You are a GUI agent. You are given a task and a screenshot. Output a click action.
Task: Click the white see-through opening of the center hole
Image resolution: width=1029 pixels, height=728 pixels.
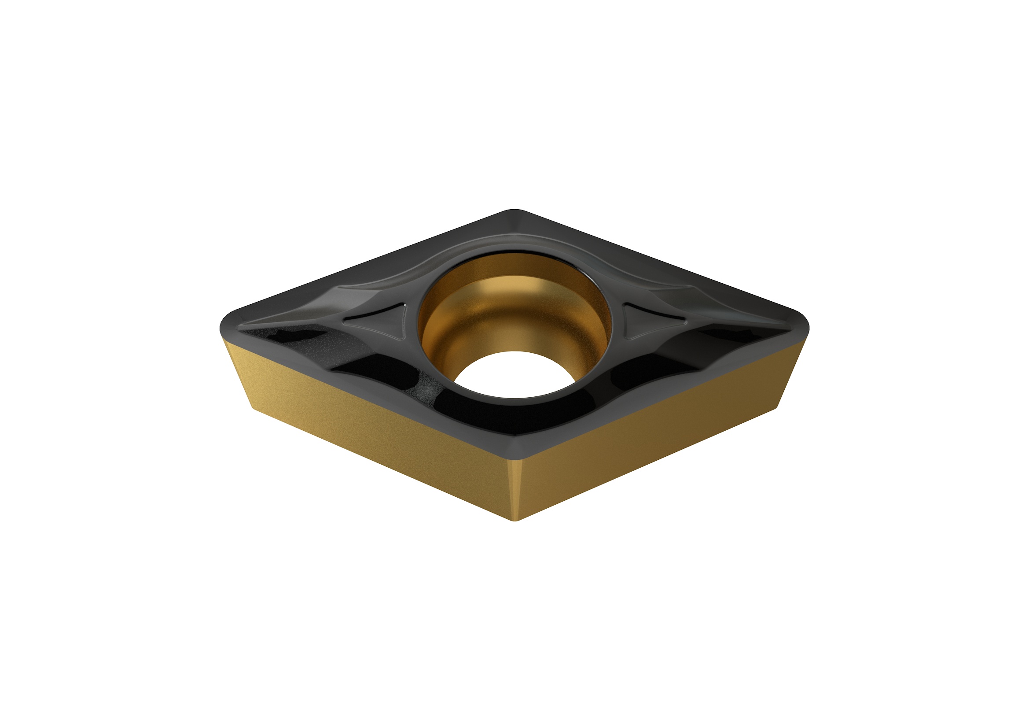click(514, 374)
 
